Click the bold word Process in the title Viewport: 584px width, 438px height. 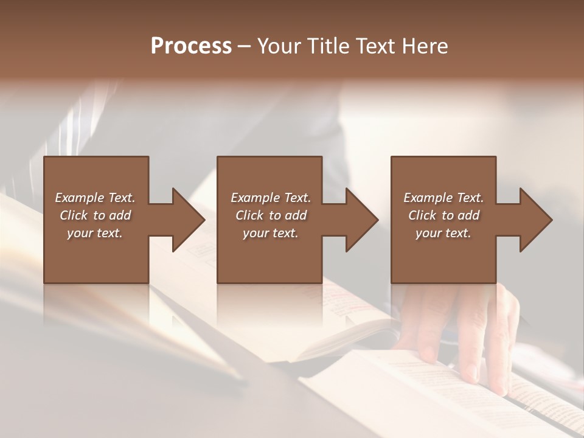[x=191, y=46]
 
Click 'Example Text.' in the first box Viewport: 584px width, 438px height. [x=95, y=198]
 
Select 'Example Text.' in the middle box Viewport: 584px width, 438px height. [x=270, y=198]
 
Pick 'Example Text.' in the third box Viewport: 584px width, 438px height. [x=443, y=198]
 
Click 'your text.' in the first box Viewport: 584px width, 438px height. [x=95, y=233]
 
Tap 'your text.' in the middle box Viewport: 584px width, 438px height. [x=270, y=233]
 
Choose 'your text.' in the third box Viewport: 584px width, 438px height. [x=443, y=233]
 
